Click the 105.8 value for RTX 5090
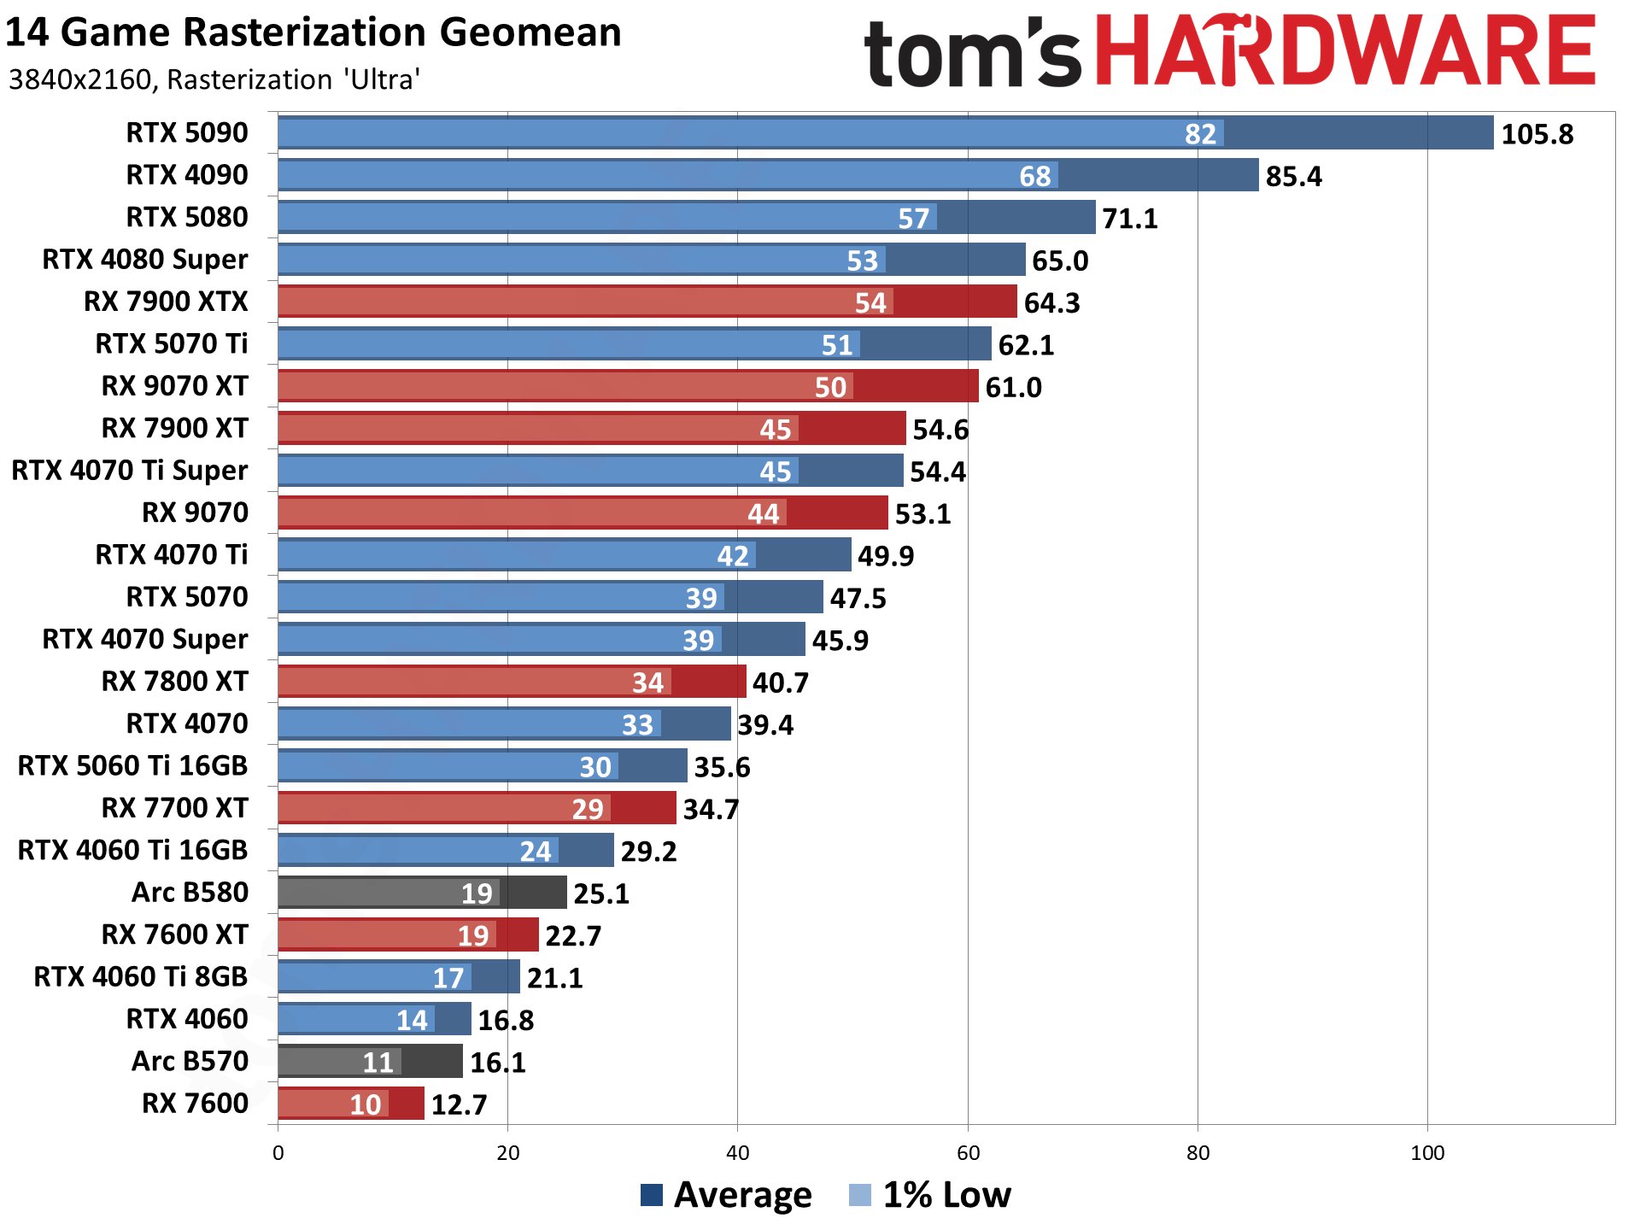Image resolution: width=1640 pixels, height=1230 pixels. (1537, 134)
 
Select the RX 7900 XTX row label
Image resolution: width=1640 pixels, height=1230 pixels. (166, 302)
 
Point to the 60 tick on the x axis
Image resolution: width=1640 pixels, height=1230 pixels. (968, 1153)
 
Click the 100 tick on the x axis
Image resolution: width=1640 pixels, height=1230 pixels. (1427, 1153)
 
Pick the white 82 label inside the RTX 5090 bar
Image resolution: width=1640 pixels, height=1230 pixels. (1200, 134)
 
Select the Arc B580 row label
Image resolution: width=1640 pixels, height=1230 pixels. (190, 892)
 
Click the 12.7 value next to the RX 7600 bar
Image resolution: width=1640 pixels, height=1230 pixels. (459, 1104)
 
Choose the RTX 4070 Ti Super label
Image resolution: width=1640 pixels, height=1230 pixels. (130, 470)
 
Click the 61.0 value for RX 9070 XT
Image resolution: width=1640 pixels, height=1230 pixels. (1013, 387)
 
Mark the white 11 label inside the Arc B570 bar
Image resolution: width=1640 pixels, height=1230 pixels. (378, 1062)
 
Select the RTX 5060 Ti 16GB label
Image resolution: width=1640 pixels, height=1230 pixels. (132, 765)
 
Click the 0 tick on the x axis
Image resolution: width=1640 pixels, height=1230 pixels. (278, 1153)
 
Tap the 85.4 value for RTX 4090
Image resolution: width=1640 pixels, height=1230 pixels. (1293, 176)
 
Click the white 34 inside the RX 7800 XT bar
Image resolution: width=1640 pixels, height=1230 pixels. (647, 682)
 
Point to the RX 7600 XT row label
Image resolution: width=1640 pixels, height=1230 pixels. (174, 934)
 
